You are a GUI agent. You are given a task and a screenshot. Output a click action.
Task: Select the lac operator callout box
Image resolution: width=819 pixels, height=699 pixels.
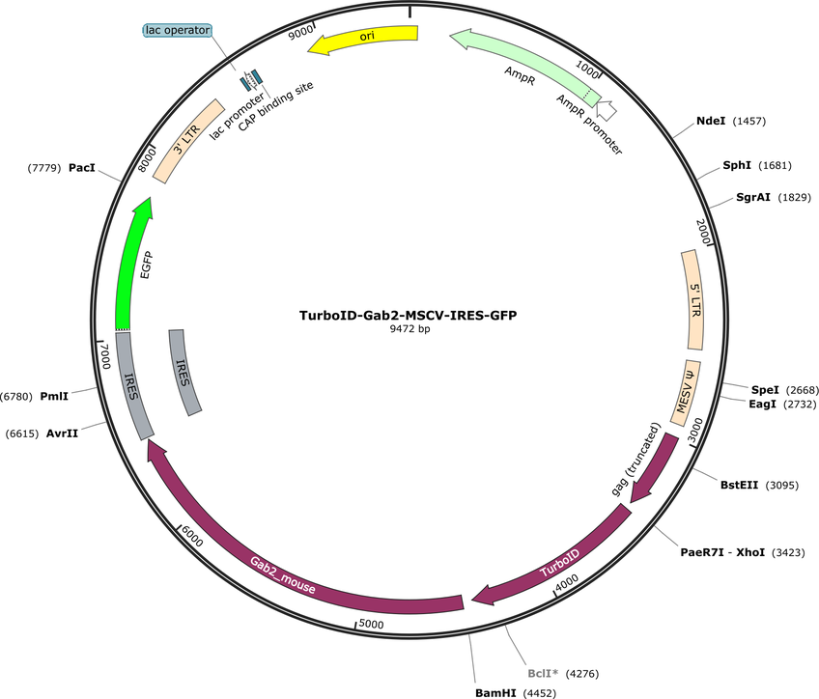(178, 30)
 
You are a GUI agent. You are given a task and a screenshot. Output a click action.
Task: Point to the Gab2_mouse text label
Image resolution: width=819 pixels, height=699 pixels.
(283, 575)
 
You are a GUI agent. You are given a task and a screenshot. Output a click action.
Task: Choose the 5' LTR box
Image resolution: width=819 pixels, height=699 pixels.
(693, 300)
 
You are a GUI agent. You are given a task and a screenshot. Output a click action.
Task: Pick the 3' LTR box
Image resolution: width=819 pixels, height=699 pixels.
(188, 141)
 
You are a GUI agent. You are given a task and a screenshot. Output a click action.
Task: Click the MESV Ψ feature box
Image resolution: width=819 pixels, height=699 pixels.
(686, 393)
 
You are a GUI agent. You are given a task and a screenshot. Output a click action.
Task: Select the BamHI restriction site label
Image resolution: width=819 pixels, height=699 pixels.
(495, 693)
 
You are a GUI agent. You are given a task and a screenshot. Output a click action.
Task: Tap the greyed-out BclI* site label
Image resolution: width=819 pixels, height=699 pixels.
(543, 674)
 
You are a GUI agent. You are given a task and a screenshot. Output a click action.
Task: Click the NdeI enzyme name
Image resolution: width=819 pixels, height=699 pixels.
(711, 121)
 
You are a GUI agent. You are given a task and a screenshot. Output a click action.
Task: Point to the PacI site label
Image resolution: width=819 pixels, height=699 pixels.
(82, 168)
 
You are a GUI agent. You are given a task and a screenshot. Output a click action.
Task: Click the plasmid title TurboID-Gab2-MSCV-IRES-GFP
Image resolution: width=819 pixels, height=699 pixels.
(408, 316)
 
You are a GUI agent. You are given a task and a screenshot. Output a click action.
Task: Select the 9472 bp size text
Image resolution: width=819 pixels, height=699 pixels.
(409, 329)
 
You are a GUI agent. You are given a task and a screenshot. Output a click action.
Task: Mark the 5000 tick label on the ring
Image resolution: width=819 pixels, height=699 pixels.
(372, 625)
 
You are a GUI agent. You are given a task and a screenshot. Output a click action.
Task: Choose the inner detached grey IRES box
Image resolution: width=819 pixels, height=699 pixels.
(184, 373)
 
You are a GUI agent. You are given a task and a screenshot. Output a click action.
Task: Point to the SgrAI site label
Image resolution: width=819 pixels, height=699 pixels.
(752, 197)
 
